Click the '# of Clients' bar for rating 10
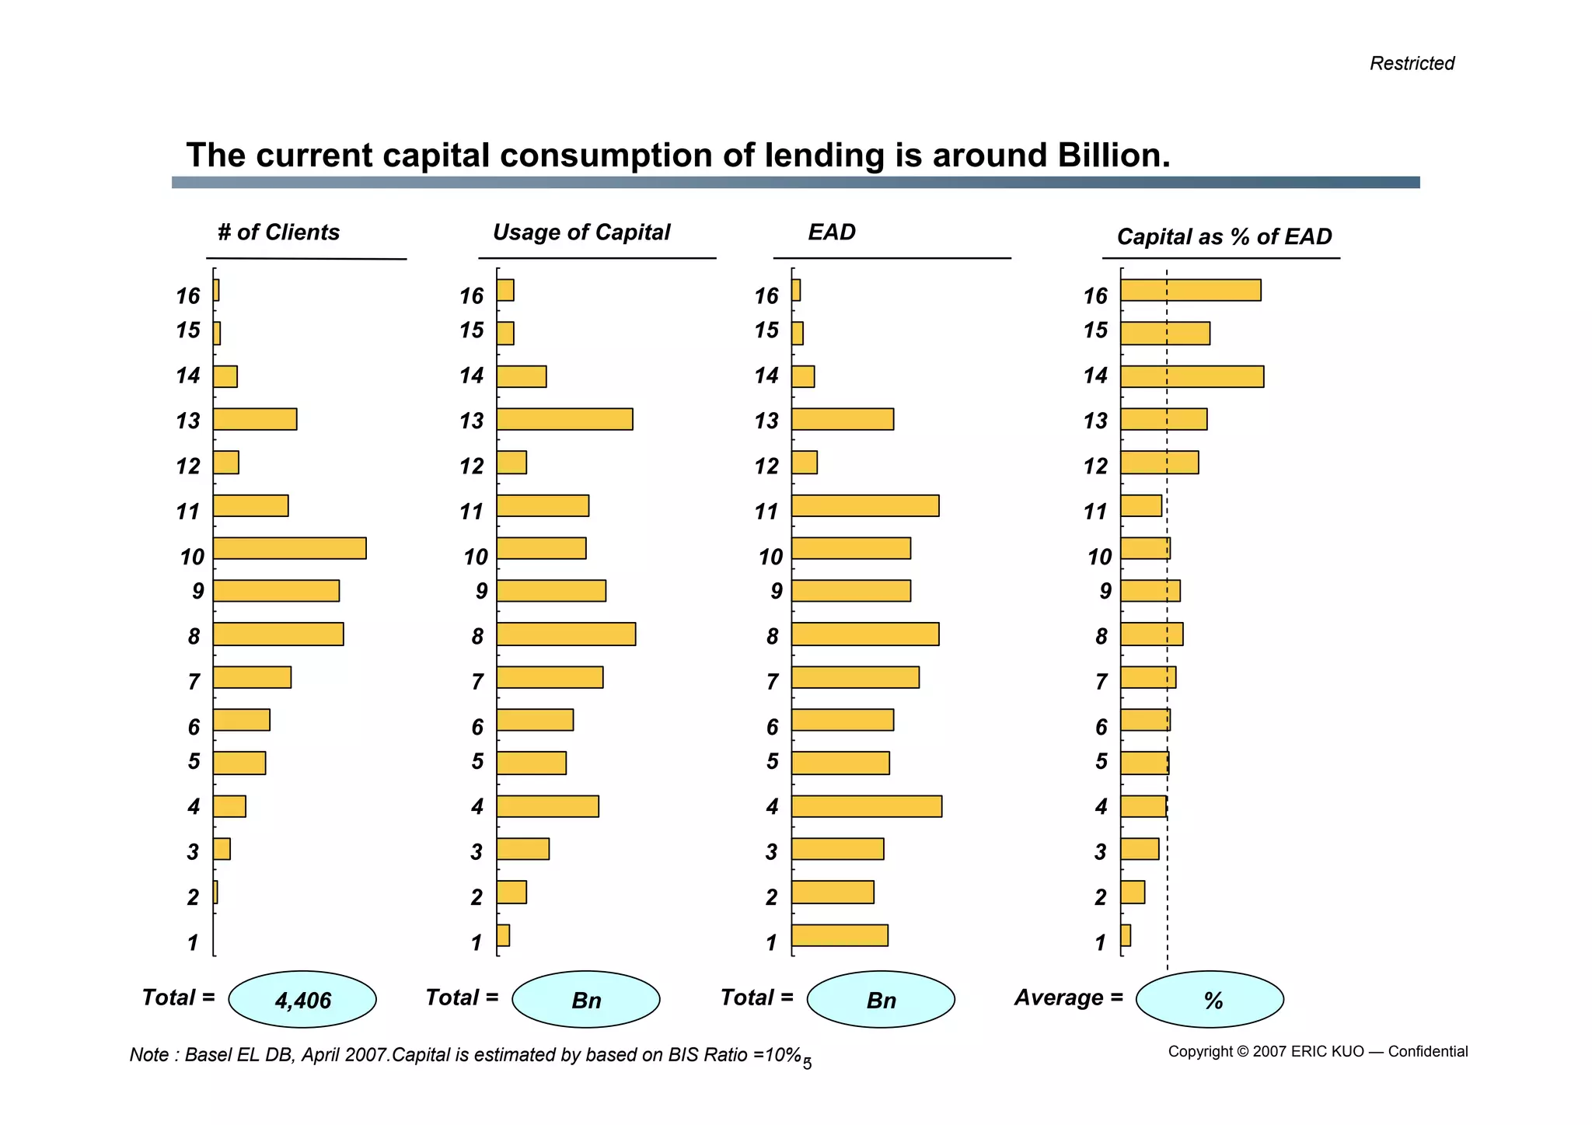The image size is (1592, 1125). point(289,548)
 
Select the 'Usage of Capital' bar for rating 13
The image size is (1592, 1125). point(564,419)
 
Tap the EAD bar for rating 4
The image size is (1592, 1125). point(867,806)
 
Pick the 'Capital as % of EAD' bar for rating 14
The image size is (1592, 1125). point(1192,376)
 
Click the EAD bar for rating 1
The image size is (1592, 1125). point(840,935)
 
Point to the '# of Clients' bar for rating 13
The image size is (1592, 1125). point(255,419)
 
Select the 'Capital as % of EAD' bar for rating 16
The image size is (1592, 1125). point(1190,290)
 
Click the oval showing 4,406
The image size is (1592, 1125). point(302,1000)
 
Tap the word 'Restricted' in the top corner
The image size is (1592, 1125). point(1412,63)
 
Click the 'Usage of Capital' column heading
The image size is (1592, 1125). point(581,232)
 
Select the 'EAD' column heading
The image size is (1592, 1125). point(832,232)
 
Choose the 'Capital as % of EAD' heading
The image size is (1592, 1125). point(1224,236)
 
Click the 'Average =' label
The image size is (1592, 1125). point(1069,997)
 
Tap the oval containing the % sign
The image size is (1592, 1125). point(1210,1000)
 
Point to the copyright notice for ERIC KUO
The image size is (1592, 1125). point(1318,1052)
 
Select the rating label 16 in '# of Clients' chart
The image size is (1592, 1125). point(188,296)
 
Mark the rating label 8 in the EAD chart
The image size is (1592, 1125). point(772,637)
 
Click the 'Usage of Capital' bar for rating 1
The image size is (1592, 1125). point(503,935)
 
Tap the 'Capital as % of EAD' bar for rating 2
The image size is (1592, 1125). point(1133,893)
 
